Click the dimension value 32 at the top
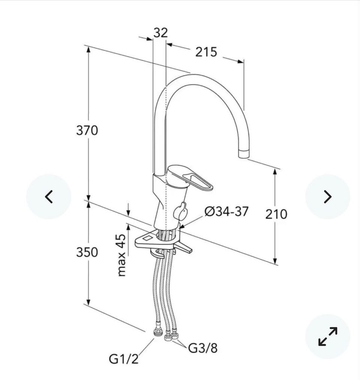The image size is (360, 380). click(x=160, y=32)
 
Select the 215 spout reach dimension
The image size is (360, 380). click(x=206, y=52)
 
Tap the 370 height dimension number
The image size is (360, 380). click(x=87, y=130)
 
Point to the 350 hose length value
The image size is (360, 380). click(x=87, y=252)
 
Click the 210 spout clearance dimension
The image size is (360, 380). click(x=276, y=214)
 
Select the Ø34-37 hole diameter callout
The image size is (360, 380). click(x=226, y=211)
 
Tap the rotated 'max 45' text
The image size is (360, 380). click(x=121, y=255)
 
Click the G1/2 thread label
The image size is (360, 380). click(x=124, y=359)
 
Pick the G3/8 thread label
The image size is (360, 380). click(x=203, y=348)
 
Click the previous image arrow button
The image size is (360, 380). click(x=49, y=196)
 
